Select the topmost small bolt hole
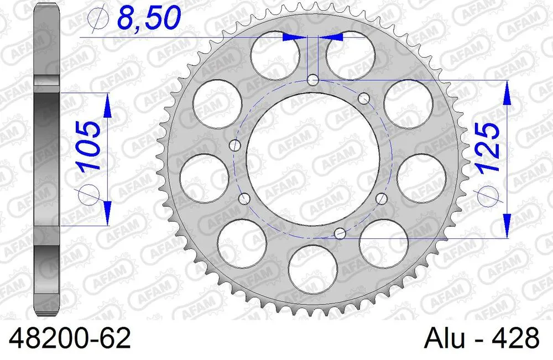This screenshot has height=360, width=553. click(313, 80)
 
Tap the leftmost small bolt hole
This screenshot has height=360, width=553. click(236, 145)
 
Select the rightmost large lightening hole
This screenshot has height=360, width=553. click(421, 178)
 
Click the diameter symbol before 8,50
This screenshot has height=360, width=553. click(97, 21)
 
